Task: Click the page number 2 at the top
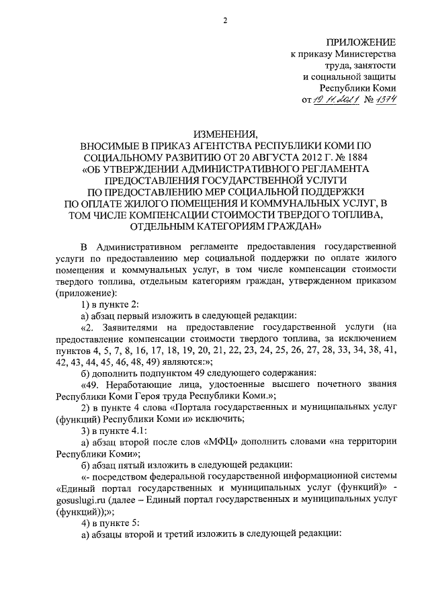225,20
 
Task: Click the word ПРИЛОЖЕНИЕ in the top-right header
361,41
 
